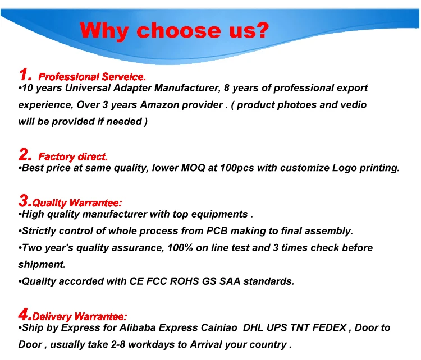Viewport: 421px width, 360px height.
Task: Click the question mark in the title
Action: (x=260, y=30)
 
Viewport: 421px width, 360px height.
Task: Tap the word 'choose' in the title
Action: (x=179, y=30)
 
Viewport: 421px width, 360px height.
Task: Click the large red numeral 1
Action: (x=24, y=75)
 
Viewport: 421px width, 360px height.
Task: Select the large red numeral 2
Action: (x=24, y=154)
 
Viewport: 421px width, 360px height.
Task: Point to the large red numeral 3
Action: (x=24, y=201)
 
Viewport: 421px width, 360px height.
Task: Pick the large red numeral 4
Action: (x=24, y=314)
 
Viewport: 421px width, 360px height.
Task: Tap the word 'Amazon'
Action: (x=160, y=105)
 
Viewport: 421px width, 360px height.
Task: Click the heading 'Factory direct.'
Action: (x=73, y=157)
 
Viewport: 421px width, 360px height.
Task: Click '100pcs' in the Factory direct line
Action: (x=237, y=168)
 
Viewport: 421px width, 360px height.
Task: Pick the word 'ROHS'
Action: (x=185, y=281)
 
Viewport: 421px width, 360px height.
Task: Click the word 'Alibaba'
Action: (x=137, y=328)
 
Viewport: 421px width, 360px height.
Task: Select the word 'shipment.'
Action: (x=42, y=265)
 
